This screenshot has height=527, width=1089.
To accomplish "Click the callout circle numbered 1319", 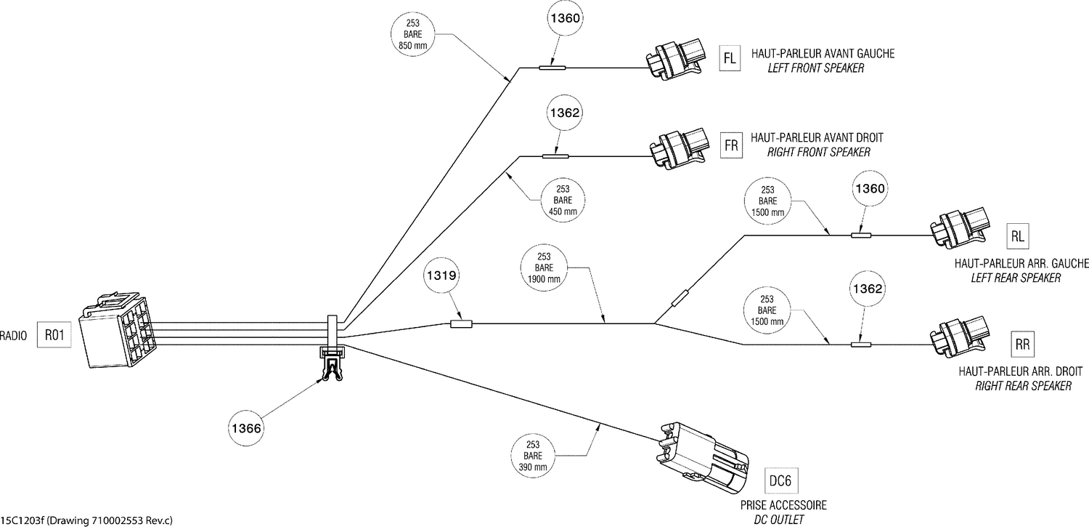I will tap(442, 277).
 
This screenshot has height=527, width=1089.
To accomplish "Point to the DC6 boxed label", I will tap(783, 481).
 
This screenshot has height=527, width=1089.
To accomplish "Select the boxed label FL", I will tap(730, 59).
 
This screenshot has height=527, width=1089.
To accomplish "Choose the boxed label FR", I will tap(731, 145).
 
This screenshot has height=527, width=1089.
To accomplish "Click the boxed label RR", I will tap(1022, 345).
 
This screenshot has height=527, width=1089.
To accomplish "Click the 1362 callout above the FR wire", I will tap(563, 113).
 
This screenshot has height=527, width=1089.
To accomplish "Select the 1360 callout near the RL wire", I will tap(868, 188).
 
